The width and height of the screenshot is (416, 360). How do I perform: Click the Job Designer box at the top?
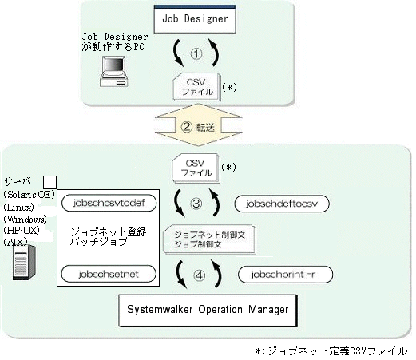195,19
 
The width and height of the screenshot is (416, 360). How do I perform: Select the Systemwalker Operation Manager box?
208,311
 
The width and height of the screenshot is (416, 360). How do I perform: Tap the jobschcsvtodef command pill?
109,203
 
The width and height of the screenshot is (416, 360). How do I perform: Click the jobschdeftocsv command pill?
282,204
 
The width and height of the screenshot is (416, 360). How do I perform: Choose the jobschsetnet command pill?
109,274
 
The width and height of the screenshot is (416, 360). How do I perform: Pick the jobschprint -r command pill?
285,275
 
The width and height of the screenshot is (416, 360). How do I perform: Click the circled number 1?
196,54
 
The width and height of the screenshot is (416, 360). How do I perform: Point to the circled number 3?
196,204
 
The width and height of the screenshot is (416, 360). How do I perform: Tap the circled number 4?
199,275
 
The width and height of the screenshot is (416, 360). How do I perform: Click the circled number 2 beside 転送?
186,127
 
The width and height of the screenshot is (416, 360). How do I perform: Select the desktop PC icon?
113,71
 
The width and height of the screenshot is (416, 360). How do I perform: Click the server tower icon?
24,263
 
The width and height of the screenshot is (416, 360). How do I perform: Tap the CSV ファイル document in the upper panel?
197,87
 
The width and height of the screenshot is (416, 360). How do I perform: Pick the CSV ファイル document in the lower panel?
196,168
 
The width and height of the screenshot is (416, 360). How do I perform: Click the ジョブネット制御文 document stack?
209,239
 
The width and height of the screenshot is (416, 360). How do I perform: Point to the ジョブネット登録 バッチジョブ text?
109,237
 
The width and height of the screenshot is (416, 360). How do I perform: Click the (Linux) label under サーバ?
18,207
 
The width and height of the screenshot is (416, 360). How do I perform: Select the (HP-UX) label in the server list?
22,230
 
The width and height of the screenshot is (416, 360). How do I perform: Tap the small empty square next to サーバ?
50,182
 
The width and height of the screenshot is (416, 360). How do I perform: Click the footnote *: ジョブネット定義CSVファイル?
331,351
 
